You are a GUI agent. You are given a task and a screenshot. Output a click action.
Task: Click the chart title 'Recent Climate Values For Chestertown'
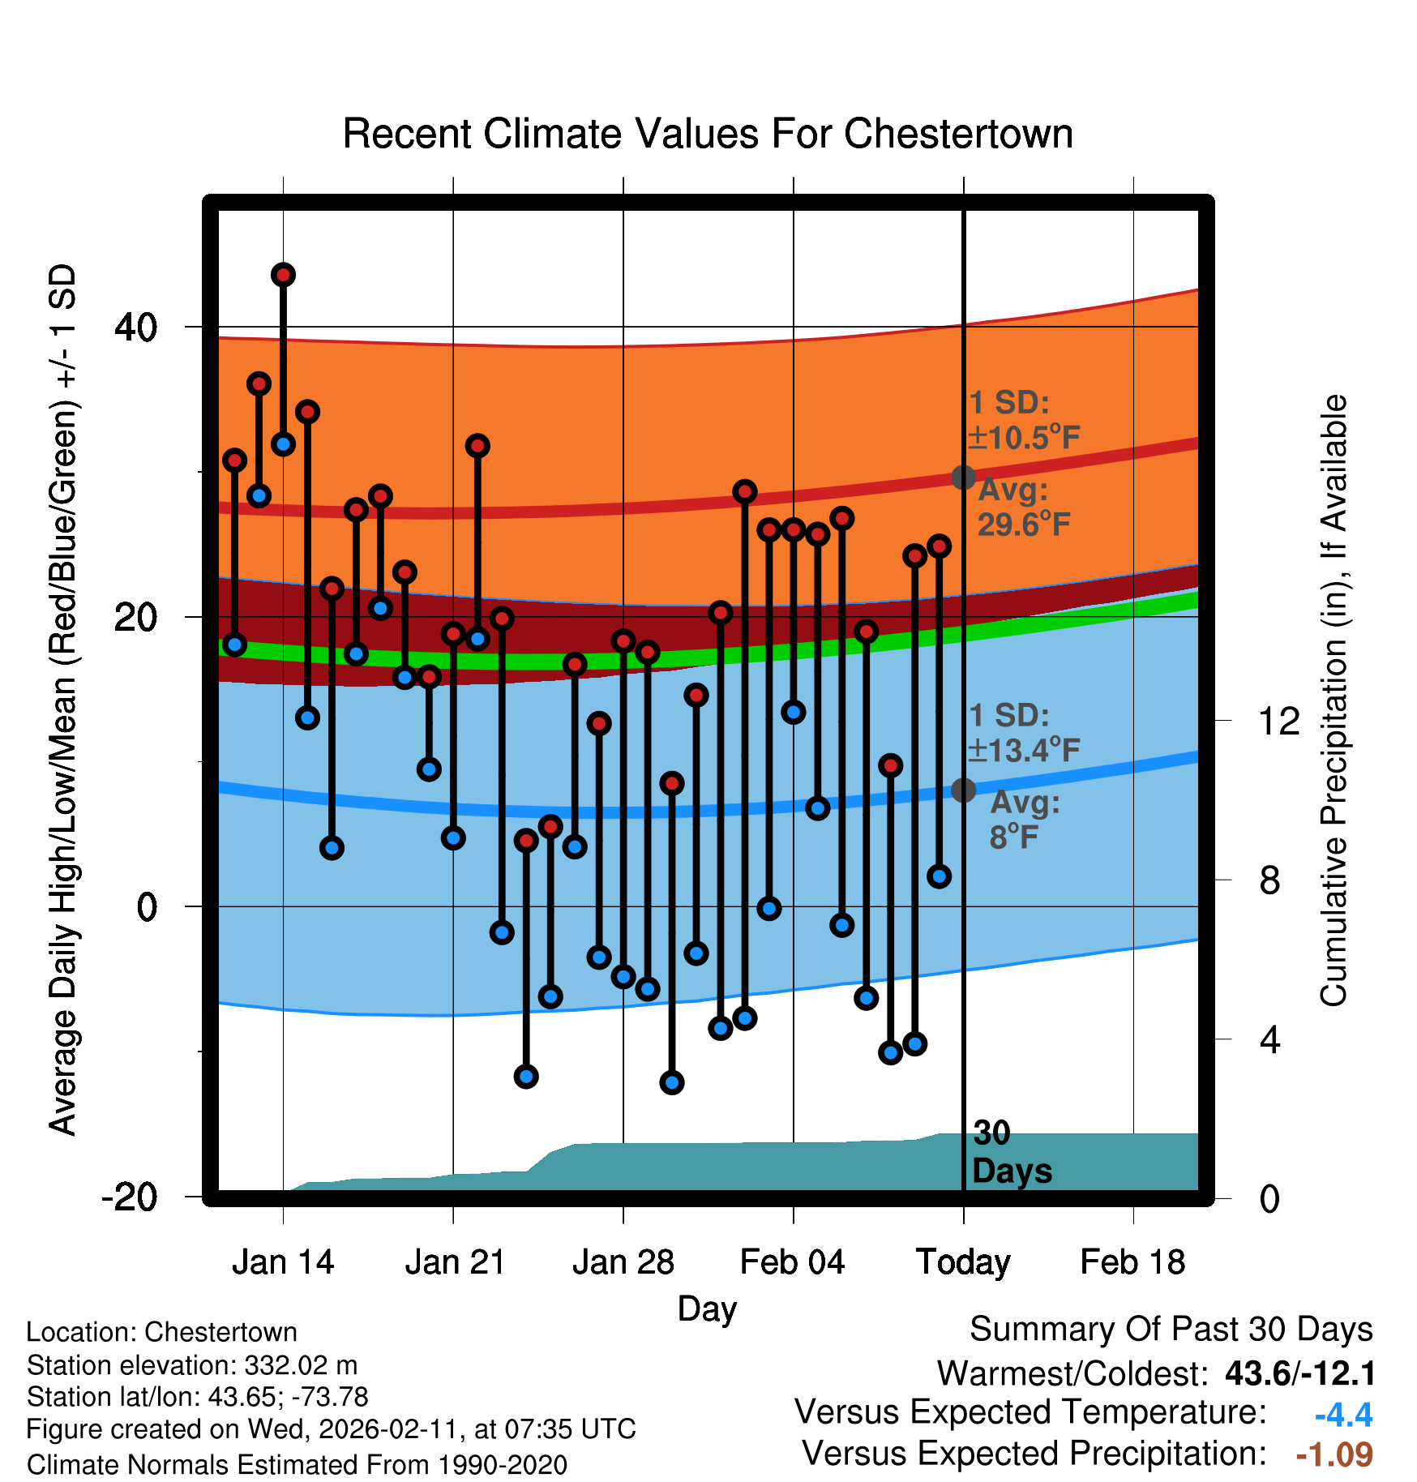pos(708,134)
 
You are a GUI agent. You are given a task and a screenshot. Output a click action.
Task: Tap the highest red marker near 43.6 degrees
pos(283,275)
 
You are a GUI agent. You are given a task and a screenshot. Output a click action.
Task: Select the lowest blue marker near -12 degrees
pos(672,1082)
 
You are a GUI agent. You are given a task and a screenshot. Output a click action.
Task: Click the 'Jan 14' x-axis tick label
pos(283,1262)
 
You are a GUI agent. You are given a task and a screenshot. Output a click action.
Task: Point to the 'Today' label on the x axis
pos(963,1262)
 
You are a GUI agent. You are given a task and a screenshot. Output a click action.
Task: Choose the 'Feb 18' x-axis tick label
pos(1132,1262)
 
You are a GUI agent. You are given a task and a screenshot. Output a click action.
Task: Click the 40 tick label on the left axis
pos(136,328)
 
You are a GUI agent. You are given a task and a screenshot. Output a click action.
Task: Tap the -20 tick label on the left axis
pos(130,1197)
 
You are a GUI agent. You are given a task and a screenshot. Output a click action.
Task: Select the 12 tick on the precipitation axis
pos(1278,721)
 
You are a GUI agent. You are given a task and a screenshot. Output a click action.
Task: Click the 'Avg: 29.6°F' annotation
pos(1023,508)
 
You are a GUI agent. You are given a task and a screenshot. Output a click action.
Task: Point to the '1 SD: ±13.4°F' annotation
pos(1023,734)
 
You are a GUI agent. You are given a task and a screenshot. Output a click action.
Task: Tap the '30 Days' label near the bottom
pos(1011,1153)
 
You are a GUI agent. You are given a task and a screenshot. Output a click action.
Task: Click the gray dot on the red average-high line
pos(963,478)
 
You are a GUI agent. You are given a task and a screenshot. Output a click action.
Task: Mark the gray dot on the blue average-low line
pos(963,790)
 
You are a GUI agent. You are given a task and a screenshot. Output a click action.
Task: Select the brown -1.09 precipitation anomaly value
pos(1334,1454)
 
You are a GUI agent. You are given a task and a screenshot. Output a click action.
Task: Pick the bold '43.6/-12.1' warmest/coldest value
pos(1300,1373)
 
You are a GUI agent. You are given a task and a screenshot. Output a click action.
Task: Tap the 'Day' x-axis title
pos(707,1309)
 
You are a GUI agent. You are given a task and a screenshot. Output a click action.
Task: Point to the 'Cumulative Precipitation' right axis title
pos(1334,700)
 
